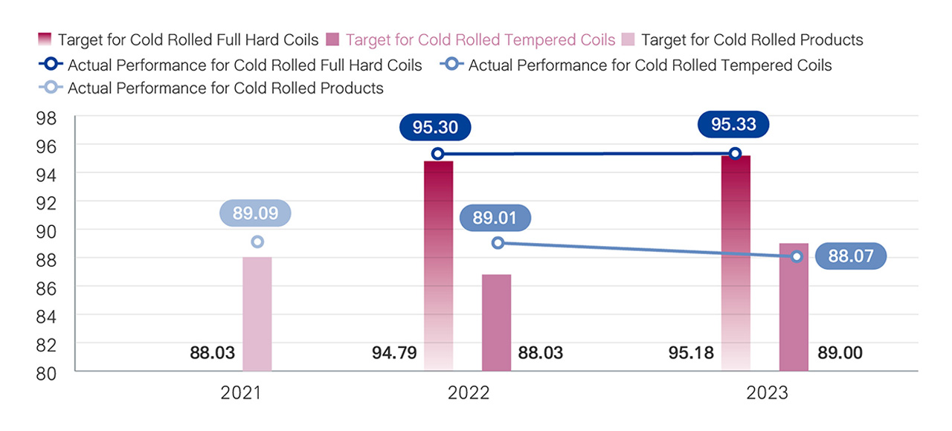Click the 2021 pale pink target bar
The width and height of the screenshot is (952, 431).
point(257,314)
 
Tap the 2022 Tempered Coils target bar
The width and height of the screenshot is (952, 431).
point(496,323)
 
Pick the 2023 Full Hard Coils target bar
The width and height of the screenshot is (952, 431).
point(736,263)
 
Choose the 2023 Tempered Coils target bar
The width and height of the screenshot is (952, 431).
point(794,307)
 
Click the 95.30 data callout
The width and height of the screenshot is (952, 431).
point(435,127)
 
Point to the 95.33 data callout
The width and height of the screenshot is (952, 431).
point(733,124)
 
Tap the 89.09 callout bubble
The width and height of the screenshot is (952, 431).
point(255,213)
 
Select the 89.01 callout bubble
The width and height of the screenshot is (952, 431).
point(495,218)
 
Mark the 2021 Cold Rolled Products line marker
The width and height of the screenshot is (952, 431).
point(257,242)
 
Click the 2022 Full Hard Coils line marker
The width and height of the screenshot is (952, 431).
point(438,154)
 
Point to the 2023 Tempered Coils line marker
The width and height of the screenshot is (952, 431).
point(797,256)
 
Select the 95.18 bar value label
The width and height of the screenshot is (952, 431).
point(691,352)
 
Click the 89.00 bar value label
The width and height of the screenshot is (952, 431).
point(840,352)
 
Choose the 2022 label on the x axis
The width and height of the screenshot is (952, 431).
point(469,392)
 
